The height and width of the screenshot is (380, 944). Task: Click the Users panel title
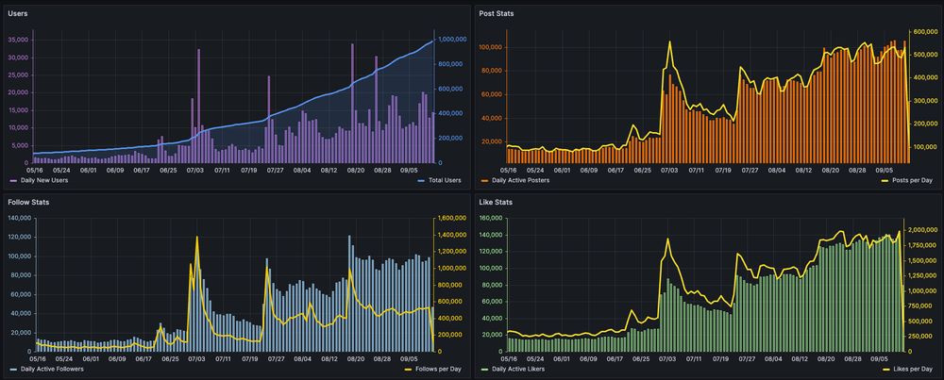click(19, 13)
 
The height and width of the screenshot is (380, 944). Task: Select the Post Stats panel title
click(497, 13)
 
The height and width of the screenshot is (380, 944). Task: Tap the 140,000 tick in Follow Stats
click(19, 218)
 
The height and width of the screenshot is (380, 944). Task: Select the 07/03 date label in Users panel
click(196, 171)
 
